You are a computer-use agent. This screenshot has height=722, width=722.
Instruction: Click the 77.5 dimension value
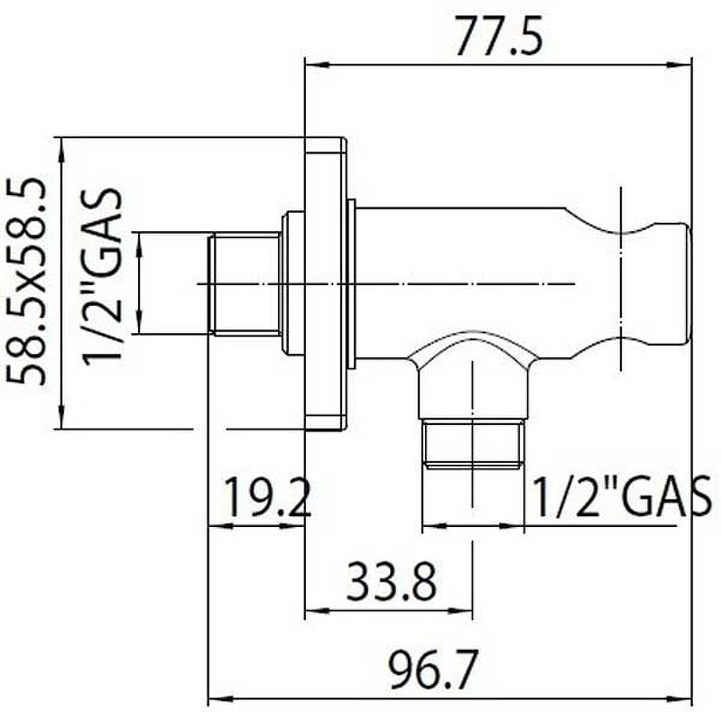[499, 35]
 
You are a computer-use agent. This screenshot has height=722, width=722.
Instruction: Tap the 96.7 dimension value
[431, 669]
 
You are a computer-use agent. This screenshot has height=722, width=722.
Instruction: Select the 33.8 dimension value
[391, 581]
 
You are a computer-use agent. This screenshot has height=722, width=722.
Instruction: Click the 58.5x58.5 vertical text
[26, 282]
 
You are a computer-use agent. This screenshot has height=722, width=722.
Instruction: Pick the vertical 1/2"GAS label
[102, 276]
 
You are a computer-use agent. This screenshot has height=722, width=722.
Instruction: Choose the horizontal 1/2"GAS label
[623, 497]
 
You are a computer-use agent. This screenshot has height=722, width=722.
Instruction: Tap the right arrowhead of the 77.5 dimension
[680, 65]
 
